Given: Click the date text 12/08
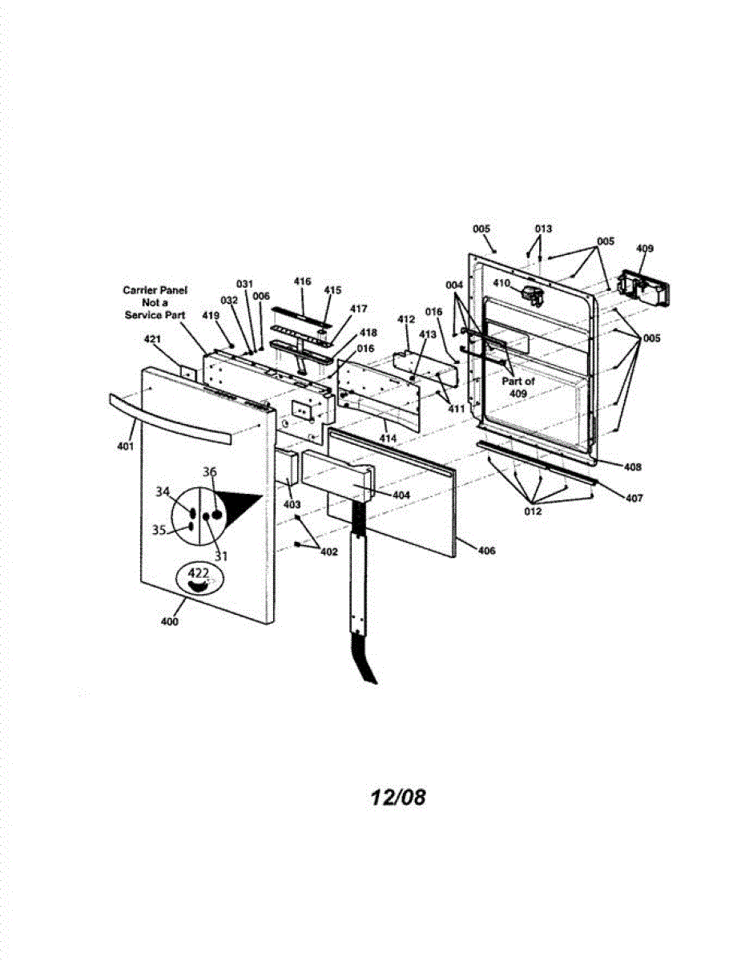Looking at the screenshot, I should pos(398,797).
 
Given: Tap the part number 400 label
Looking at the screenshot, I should pos(171,621).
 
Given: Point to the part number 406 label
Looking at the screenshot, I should pos(486,550).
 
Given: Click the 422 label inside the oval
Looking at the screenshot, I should pos(198,573).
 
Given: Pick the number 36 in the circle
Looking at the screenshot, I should pos(210,473).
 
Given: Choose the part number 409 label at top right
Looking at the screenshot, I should pos(644,249).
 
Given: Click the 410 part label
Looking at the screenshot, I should pos(501,283).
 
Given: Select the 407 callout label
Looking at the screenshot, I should pos(634,498).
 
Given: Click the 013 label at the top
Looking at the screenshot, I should pos(543,228).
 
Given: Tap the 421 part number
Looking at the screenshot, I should pos(152,339).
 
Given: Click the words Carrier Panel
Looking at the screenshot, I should pos(155,290).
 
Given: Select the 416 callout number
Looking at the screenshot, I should pos(302,281).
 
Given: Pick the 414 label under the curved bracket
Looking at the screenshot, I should pos(389,439).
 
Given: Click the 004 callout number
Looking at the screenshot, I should pos(454,285).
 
